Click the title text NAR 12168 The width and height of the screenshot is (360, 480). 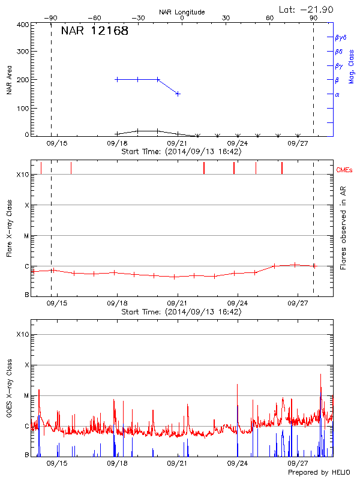[95, 31]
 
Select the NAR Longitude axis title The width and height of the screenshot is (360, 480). [182, 11]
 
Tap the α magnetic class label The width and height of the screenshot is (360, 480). [337, 94]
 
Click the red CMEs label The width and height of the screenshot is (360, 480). [344, 170]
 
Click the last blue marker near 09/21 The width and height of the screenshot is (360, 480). [178, 94]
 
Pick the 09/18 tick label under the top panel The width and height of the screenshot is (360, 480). [117, 143]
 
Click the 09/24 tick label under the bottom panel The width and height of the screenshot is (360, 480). [238, 464]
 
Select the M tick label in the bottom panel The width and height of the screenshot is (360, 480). [26, 395]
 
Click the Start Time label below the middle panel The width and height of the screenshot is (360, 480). [181, 312]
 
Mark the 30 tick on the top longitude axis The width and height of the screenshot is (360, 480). [226, 18]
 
